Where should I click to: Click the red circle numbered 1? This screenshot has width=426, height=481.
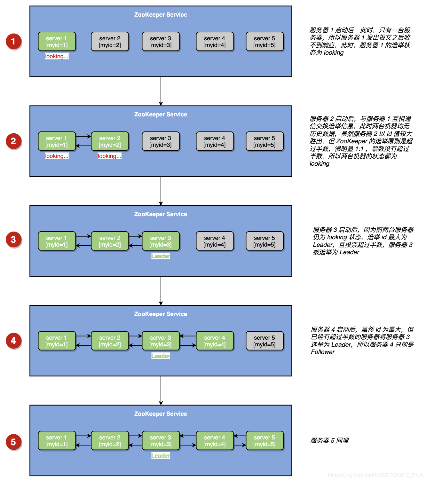[x=13, y=41]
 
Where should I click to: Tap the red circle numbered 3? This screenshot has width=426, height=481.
[x=13, y=240]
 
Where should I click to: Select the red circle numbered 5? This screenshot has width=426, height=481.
[x=13, y=442]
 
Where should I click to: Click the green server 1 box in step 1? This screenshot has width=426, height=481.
[x=57, y=42]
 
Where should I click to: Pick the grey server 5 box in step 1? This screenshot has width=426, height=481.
[x=264, y=42]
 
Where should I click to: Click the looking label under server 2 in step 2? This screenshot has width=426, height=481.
[x=109, y=156]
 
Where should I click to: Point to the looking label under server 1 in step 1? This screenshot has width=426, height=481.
[x=57, y=56]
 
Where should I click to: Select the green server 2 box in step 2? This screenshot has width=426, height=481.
[x=110, y=141]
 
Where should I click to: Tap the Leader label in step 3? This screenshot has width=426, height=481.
[x=161, y=256]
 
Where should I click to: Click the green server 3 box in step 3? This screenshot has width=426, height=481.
[x=161, y=241]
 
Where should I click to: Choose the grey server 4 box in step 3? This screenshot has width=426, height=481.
[x=215, y=241]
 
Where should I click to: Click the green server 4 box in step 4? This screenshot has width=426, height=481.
[x=215, y=341]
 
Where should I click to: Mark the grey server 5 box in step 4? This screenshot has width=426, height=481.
[x=264, y=341]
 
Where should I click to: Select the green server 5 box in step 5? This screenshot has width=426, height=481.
[x=264, y=441]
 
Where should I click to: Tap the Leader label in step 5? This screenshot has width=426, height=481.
[x=161, y=456]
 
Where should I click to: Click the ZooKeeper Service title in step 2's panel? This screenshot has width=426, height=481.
[x=161, y=114]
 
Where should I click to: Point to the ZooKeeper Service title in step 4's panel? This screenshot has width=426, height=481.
[x=161, y=314]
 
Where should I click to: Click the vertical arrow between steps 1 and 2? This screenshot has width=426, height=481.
[x=161, y=91]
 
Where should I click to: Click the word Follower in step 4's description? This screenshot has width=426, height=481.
[x=323, y=352]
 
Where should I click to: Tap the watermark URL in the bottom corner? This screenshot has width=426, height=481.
[x=375, y=475]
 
